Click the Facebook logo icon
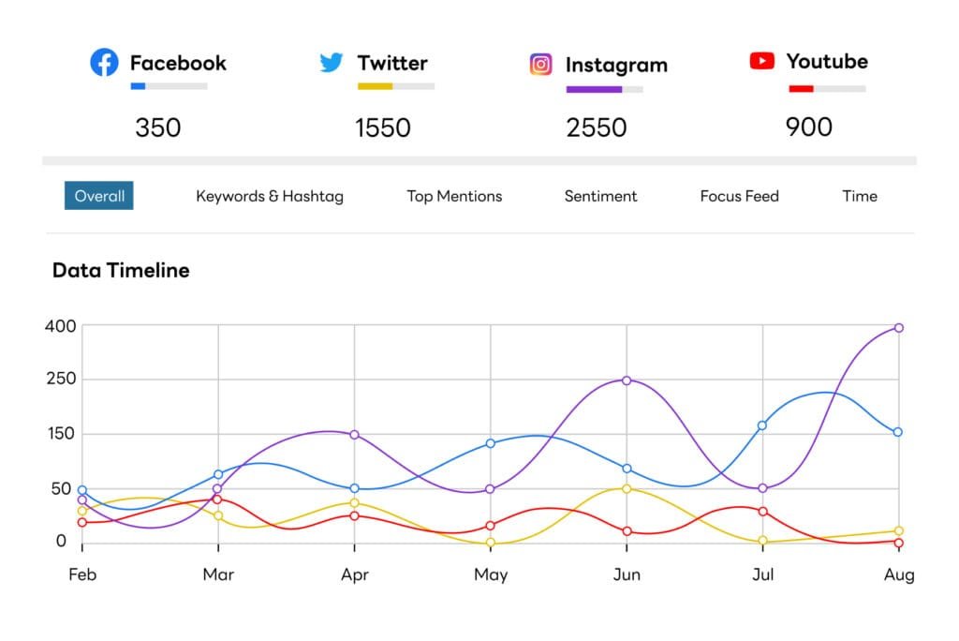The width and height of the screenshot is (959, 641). point(104,63)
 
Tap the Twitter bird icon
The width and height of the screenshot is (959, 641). point(332,63)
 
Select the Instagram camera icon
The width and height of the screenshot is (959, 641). point(541,65)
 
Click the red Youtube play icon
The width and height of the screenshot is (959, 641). point(762,61)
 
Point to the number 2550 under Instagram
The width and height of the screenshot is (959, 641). point(597,127)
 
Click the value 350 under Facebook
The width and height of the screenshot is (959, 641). point(157,127)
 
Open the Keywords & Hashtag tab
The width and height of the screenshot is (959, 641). point(270,196)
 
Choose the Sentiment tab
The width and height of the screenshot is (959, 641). point(600,196)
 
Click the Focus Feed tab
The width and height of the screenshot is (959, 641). point(739,196)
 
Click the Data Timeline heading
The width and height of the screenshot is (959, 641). point(121,271)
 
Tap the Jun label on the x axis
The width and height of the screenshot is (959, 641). point(627,574)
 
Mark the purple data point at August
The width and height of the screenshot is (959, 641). point(899,328)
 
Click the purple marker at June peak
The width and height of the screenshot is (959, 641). point(627,380)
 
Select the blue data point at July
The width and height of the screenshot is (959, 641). point(762,425)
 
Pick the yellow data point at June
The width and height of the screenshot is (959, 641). point(627,488)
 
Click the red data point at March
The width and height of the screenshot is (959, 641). point(218,499)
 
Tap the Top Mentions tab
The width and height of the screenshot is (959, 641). point(454,196)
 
